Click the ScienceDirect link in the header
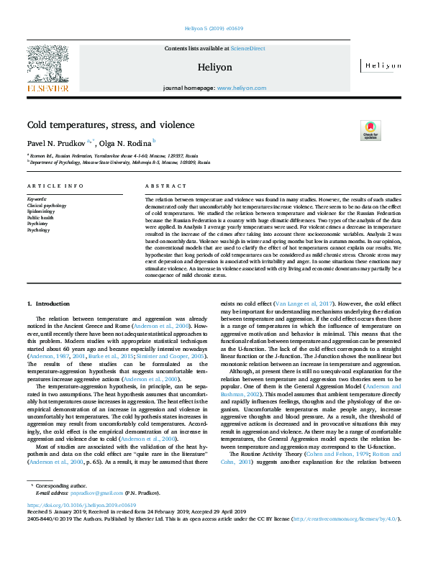[x=247, y=48]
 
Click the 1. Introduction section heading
[x=49, y=305]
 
